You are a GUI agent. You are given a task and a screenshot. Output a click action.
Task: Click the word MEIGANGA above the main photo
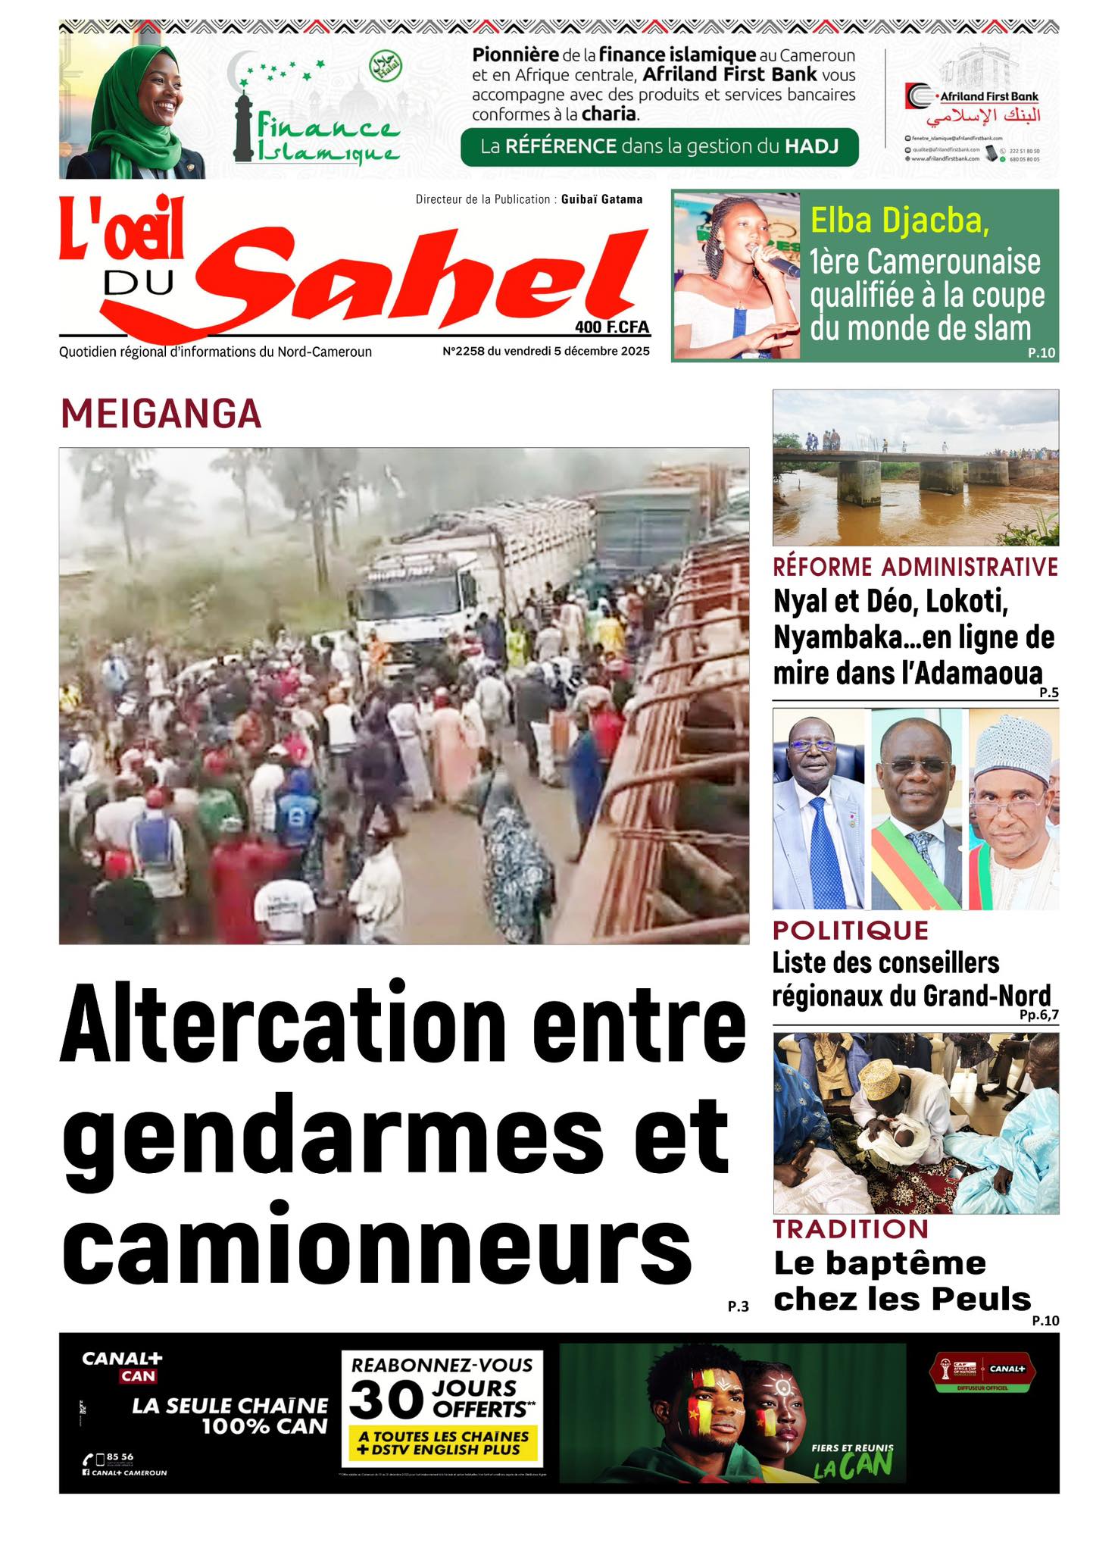(161, 415)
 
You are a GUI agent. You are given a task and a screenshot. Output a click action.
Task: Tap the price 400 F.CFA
(612, 327)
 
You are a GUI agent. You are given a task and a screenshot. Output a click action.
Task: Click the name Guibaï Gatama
(601, 199)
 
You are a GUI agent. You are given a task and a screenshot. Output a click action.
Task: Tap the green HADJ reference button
(659, 146)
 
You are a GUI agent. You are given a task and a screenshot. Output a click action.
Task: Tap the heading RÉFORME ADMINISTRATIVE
(915, 567)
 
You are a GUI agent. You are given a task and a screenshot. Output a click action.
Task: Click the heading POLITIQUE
(850, 930)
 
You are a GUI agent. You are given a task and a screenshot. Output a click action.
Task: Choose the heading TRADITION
(850, 1228)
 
